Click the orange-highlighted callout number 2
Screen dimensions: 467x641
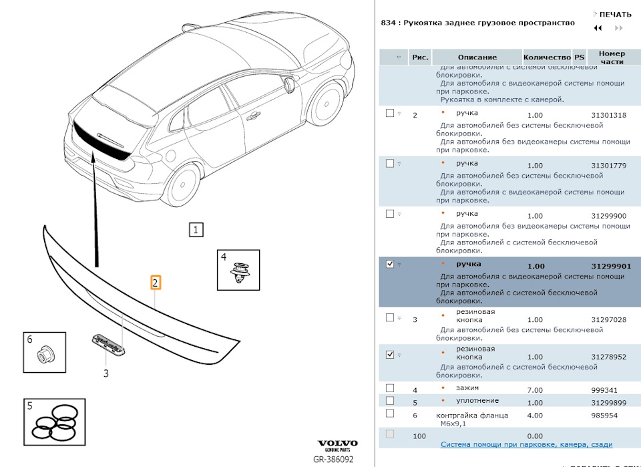tap(155, 283)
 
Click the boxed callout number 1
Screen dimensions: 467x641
tap(196, 230)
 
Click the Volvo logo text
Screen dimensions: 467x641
tap(337, 444)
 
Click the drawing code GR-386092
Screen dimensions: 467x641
tap(334, 460)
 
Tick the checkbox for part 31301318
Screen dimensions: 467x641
tap(390, 114)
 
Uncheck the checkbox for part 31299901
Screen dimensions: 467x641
tap(390, 265)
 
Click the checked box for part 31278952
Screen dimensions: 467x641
tap(390, 355)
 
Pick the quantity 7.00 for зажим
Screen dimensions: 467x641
tap(535, 390)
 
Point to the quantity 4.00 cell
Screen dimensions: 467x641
tap(535, 416)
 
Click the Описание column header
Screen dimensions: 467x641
tap(477, 58)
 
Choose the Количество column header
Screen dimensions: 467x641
tap(547, 58)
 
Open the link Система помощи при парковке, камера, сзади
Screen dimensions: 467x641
tap(526, 445)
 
